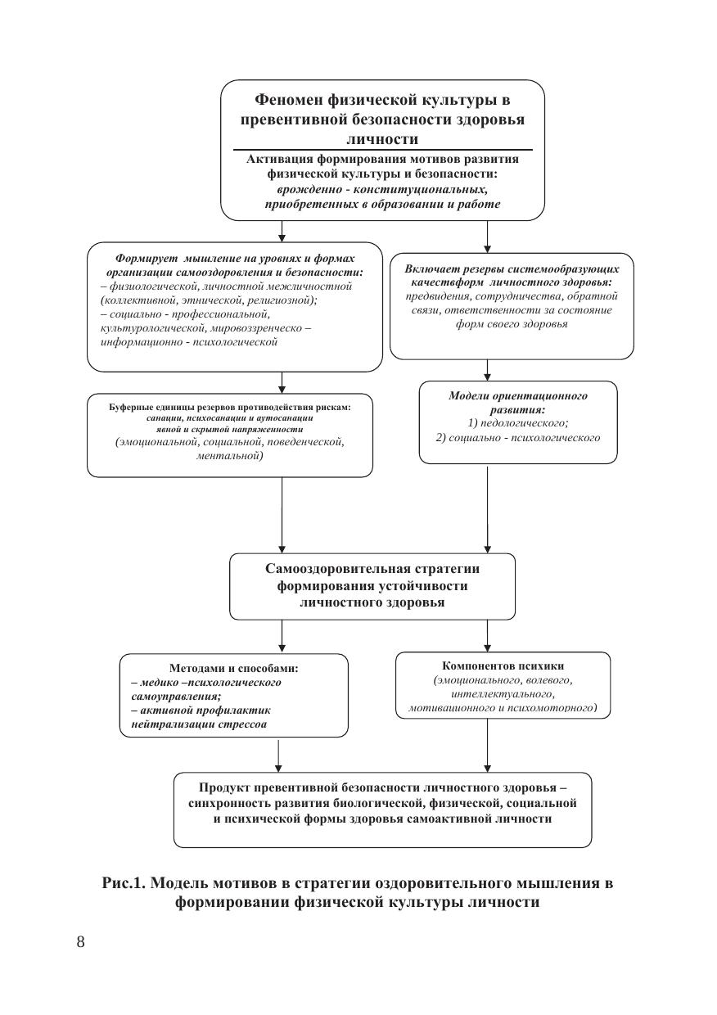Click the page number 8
tap(80, 941)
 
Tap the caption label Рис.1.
tap(124, 884)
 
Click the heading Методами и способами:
tap(233, 668)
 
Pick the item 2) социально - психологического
tap(518, 437)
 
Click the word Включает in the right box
tap(429, 268)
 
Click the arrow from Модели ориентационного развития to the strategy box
tap(488, 508)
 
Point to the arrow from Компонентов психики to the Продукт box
tap(488, 745)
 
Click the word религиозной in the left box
tap(286, 300)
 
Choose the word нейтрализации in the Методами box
tap(169, 724)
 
